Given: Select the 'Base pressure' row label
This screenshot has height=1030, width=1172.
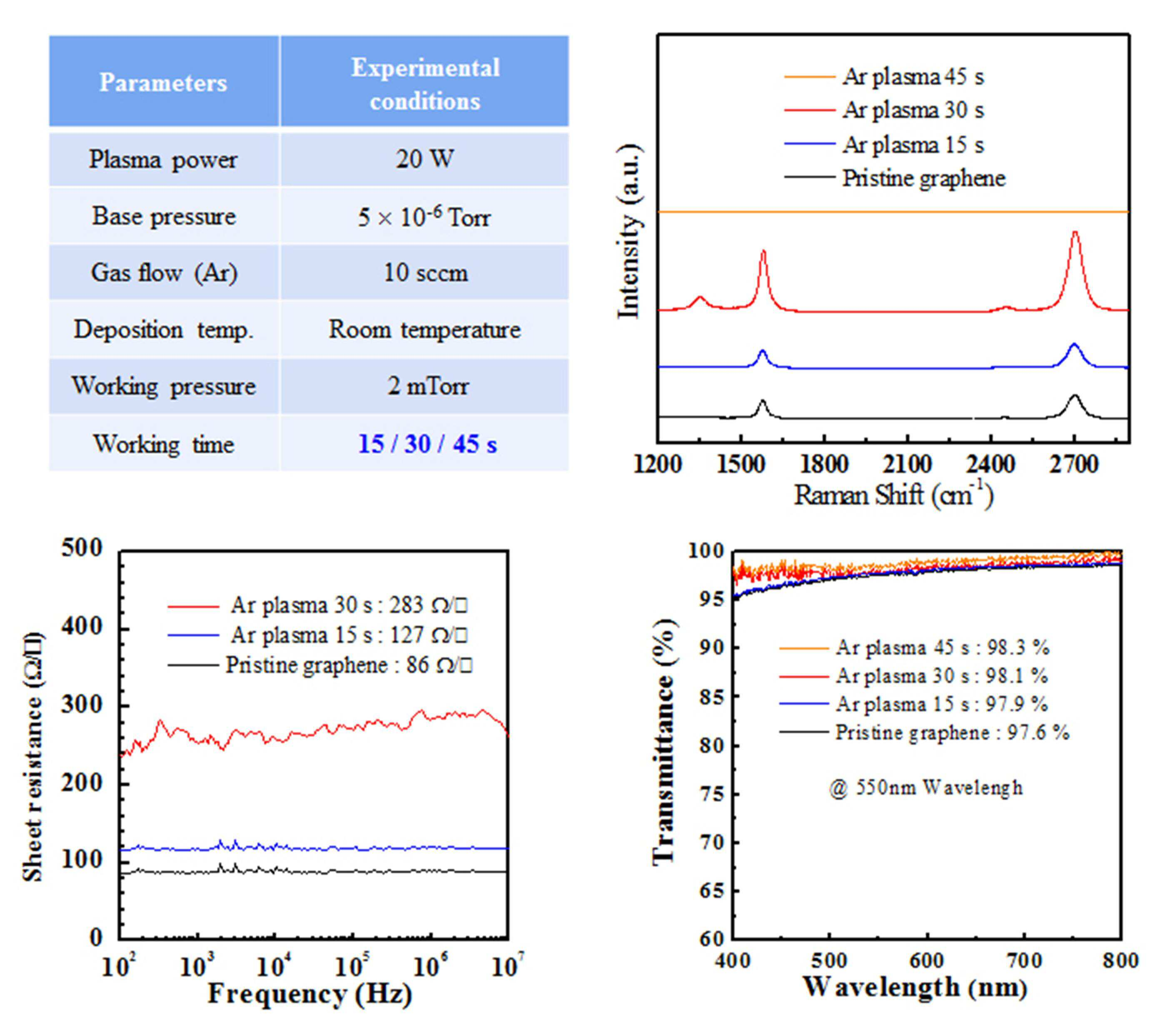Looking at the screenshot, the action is [x=164, y=216].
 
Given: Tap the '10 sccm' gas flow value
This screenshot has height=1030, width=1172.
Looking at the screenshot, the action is [x=426, y=272].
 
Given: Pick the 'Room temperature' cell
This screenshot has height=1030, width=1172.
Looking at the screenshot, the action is [x=425, y=329].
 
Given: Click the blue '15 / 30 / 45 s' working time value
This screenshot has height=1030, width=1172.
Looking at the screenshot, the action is [x=427, y=444].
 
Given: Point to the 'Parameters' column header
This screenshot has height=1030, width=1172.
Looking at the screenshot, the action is [x=163, y=82].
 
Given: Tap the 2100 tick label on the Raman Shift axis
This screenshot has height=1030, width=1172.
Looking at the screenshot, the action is [x=907, y=463].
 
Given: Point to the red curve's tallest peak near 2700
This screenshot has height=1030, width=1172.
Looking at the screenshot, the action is [x=1075, y=232].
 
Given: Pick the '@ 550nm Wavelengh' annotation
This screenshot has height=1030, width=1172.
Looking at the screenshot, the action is [x=925, y=787].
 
